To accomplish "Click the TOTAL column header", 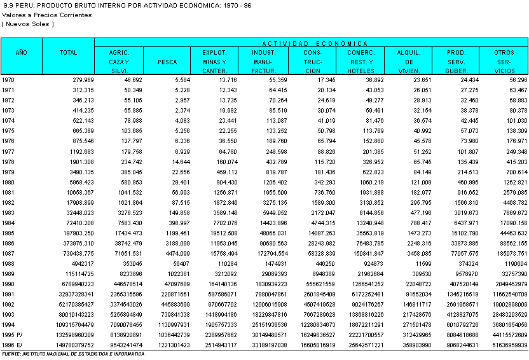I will (x=68, y=53).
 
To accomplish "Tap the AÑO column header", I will (x=22, y=53).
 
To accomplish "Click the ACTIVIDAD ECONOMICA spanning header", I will (x=312, y=43).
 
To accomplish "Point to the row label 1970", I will (x=9, y=80).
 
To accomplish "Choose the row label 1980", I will (x=9, y=182).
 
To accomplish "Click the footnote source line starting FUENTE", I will (x=73, y=354).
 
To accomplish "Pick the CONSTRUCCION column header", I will (x=312, y=62).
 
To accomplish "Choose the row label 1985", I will (x=9, y=233).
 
